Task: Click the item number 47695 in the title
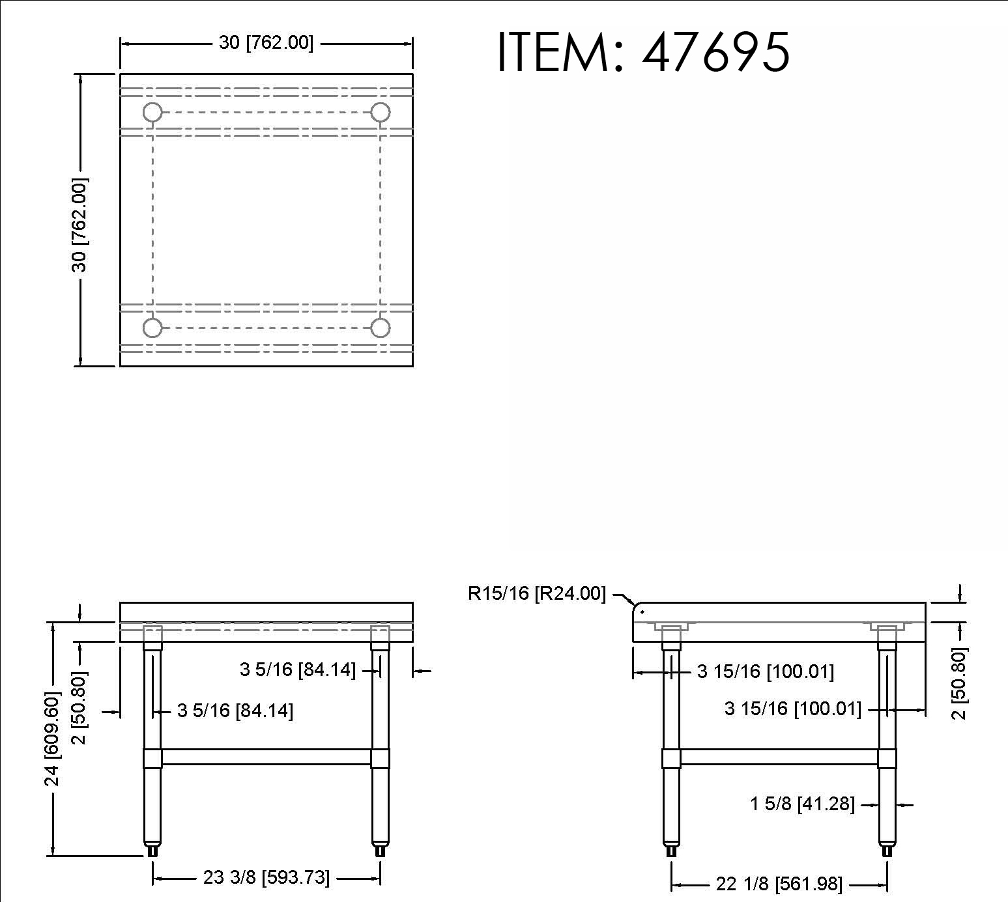click(x=716, y=52)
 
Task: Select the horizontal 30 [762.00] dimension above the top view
click(x=266, y=43)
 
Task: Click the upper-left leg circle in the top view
click(x=152, y=113)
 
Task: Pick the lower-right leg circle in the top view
click(x=381, y=328)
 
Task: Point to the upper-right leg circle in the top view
click(x=381, y=113)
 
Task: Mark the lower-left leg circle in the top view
click(x=152, y=328)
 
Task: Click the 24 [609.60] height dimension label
click(x=52, y=739)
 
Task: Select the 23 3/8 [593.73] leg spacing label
click(x=266, y=877)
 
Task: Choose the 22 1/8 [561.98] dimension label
click(x=779, y=884)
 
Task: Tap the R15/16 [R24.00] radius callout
click(x=536, y=594)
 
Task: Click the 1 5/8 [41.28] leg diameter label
click(x=802, y=804)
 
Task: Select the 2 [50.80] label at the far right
click(x=959, y=683)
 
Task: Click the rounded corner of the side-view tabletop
click(x=638, y=608)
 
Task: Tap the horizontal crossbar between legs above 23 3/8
click(x=266, y=757)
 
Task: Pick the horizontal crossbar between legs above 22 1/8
click(x=779, y=757)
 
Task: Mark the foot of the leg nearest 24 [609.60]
click(x=152, y=849)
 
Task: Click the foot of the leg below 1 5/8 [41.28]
click(x=886, y=850)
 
